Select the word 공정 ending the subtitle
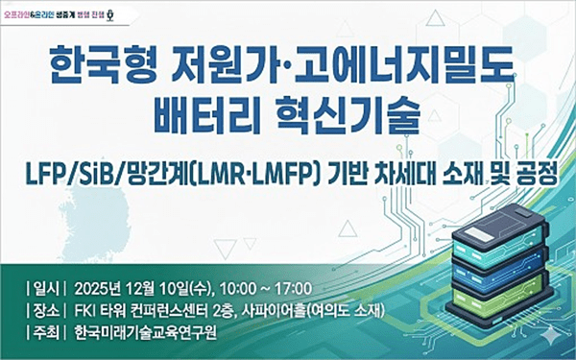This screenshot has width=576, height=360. click(539, 174)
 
